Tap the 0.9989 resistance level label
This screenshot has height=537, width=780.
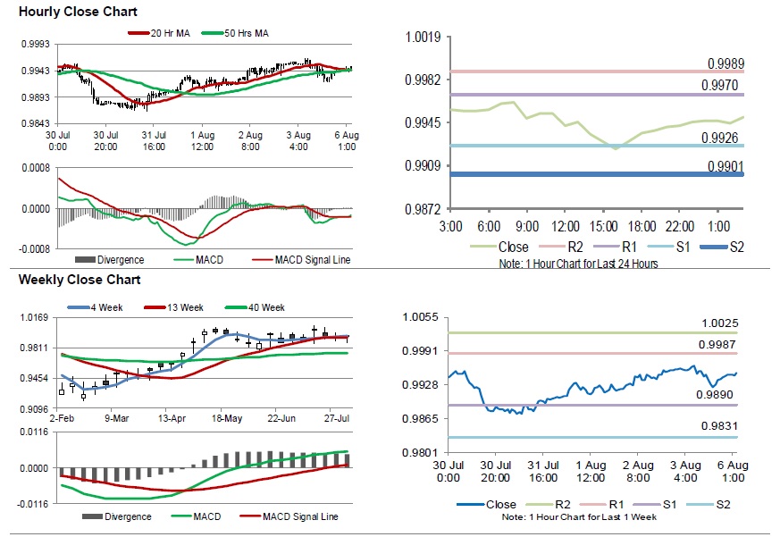(725, 63)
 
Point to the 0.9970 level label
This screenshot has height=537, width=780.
(725, 86)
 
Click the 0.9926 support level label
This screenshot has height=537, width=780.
(725, 138)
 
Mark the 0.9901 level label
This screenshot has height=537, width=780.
(725, 165)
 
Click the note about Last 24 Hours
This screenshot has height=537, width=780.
(580, 264)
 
